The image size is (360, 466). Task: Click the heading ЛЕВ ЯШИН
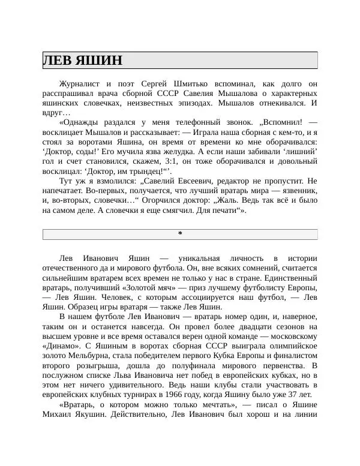(82, 61)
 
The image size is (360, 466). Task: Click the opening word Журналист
(80, 84)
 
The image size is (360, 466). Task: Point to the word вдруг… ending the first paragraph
(56, 113)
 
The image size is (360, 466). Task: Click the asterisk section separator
(180, 233)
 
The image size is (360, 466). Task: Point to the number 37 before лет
(291, 394)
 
